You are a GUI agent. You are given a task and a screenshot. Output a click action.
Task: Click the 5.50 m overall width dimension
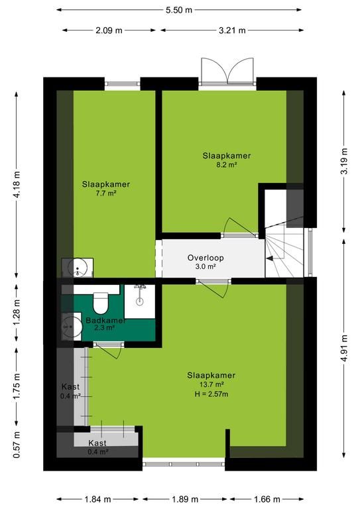pyautogui.click(x=179, y=10)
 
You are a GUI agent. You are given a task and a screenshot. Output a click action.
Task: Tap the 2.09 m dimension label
pyautogui.click(x=109, y=30)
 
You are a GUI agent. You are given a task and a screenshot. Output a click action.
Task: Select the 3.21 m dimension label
pyautogui.click(x=232, y=30)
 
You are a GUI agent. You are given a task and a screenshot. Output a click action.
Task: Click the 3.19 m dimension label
pyautogui.click(x=344, y=161)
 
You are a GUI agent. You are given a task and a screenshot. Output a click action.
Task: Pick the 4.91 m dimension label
pyautogui.click(x=344, y=348)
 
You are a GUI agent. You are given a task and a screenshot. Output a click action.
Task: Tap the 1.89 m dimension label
pyautogui.click(x=185, y=499)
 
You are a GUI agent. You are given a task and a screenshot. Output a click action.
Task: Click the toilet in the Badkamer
pyautogui.click(x=100, y=302)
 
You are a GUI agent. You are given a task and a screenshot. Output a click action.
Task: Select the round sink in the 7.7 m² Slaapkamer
pyautogui.click(x=78, y=268)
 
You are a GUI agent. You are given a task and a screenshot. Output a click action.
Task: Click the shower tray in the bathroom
pyautogui.click(x=140, y=302)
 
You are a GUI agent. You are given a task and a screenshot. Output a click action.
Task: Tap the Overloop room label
pyautogui.click(x=206, y=258)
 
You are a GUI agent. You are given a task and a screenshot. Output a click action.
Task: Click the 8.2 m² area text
pyautogui.click(x=227, y=164)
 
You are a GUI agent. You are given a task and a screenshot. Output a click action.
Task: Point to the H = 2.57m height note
pyautogui.click(x=211, y=394)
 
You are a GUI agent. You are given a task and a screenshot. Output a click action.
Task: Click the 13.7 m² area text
pyautogui.click(x=211, y=384)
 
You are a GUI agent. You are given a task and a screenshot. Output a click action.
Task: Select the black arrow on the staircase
pyautogui.click(x=270, y=258)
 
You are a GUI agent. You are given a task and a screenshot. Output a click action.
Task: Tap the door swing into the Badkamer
pyautogui.click(x=109, y=351)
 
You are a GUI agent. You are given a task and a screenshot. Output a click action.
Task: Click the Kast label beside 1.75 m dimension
pyautogui.click(x=70, y=386)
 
